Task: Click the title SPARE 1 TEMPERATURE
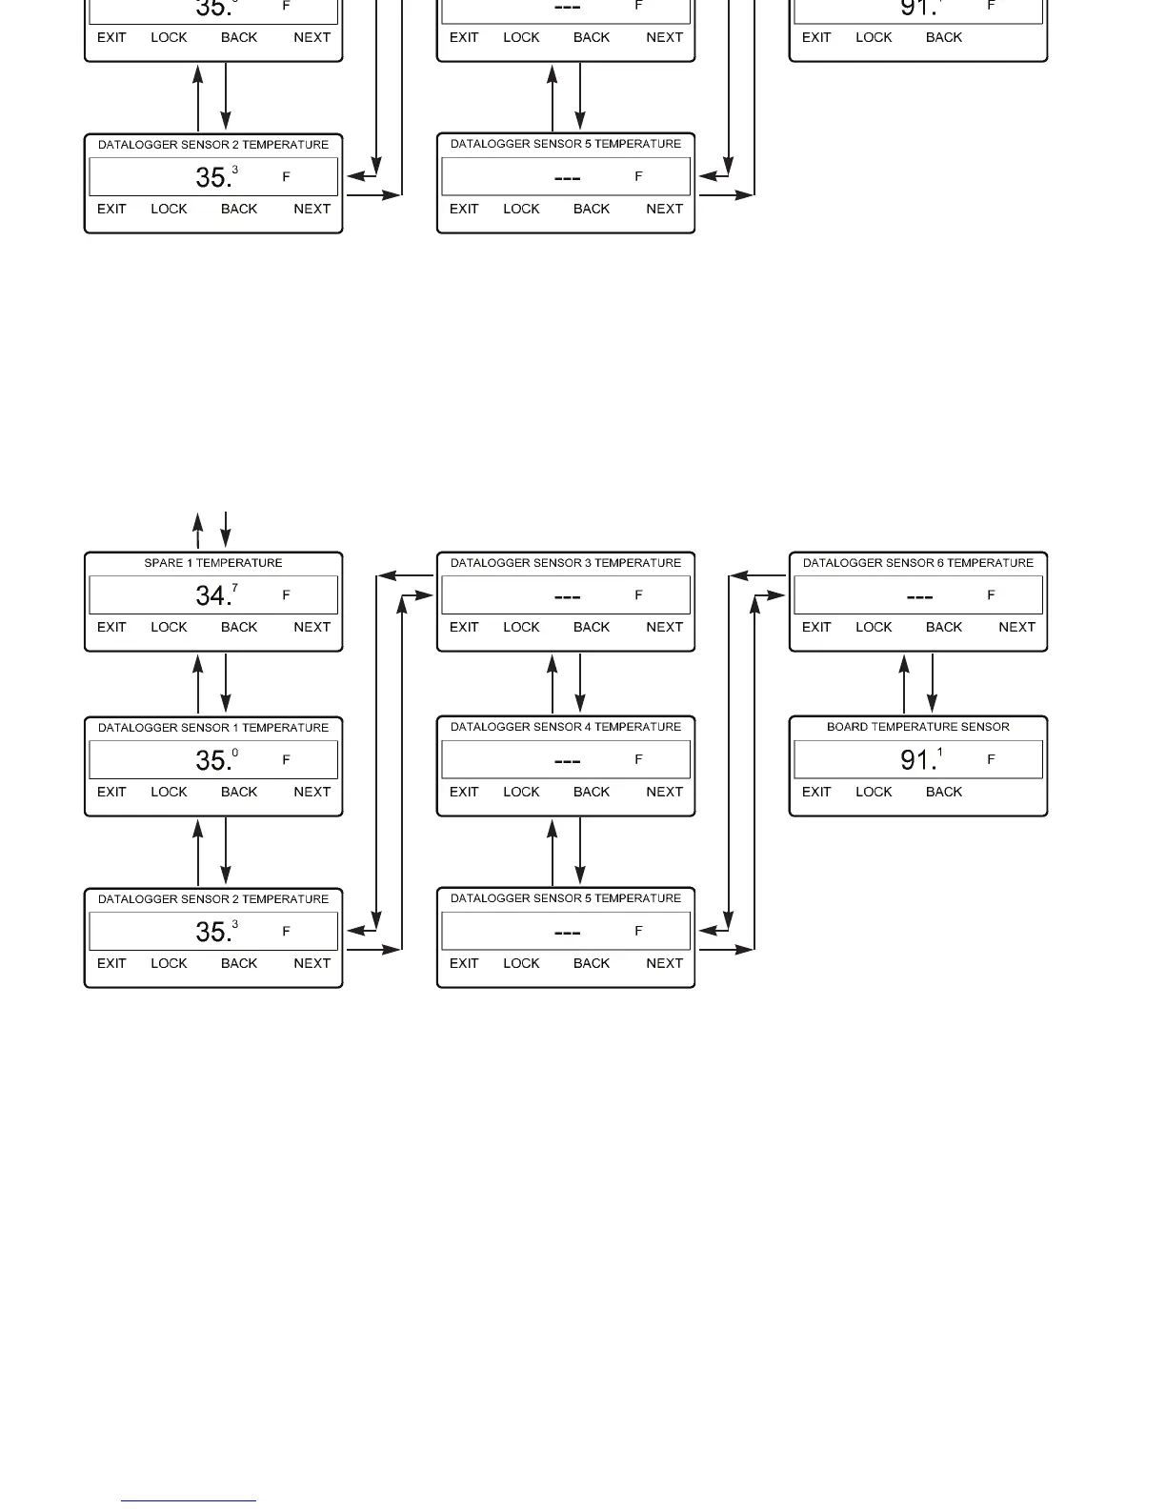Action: pyautogui.click(x=213, y=563)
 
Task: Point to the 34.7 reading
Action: pyautogui.click(x=216, y=595)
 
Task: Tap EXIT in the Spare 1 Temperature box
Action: pyautogui.click(x=111, y=627)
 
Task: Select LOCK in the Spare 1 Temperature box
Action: pyautogui.click(x=169, y=627)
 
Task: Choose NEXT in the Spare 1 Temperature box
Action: pyautogui.click(x=312, y=627)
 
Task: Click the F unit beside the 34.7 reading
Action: pyautogui.click(x=286, y=595)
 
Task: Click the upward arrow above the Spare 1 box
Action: pyautogui.click(x=198, y=530)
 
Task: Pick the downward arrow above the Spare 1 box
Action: pyautogui.click(x=226, y=530)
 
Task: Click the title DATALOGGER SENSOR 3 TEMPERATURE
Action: pyautogui.click(x=566, y=563)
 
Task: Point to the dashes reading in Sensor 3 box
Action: pyautogui.click(x=567, y=596)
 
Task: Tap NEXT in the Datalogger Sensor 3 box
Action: pyautogui.click(x=664, y=627)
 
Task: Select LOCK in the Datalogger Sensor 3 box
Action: pyautogui.click(x=521, y=627)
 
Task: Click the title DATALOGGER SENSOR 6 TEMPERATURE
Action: pyautogui.click(x=918, y=563)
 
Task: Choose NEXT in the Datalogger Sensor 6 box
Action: pyautogui.click(x=1016, y=627)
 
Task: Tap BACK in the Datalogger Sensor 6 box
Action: pyautogui.click(x=944, y=627)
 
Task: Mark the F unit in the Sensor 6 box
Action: pyautogui.click(x=991, y=595)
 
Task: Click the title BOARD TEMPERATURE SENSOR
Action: pyautogui.click(x=918, y=727)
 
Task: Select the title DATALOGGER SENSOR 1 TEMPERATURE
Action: pyautogui.click(x=213, y=728)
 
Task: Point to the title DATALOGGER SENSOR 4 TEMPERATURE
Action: pyautogui.click(x=566, y=727)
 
